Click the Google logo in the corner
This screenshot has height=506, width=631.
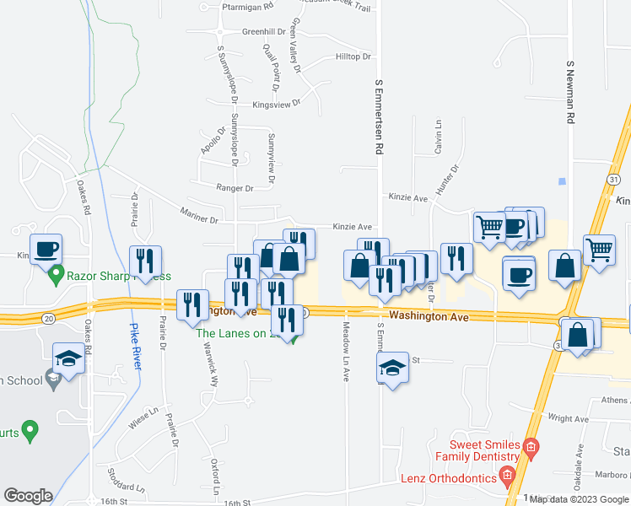point(28,496)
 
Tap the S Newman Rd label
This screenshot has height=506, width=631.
point(570,93)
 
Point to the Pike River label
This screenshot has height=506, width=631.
point(135,347)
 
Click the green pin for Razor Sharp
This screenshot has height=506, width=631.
point(57,274)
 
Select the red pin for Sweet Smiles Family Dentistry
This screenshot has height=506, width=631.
point(531,445)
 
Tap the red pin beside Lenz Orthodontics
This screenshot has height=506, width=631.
point(507,476)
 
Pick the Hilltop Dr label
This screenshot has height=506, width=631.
point(353,57)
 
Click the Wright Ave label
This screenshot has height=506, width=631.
point(568,418)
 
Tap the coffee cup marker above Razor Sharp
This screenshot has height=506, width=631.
point(46,250)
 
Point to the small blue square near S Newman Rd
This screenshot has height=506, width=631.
point(561,181)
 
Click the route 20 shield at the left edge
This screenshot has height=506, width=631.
point(49,318)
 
